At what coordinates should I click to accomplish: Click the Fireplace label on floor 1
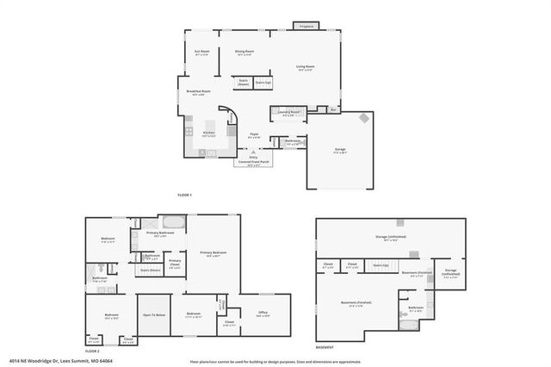[306, 26]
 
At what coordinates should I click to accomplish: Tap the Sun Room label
[202, 53]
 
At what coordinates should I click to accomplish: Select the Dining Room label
[245, 53]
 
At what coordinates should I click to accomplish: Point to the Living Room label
[305, 67]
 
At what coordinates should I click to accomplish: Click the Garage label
[340, 150]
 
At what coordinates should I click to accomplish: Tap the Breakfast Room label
[195, 92]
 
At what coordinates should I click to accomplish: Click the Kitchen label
[208, 134]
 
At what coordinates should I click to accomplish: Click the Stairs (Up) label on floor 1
[263, 83]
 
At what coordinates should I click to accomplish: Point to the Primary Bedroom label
[211, 253]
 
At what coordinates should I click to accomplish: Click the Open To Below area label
[154, 315]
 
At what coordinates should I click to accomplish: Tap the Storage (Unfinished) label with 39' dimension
[390, 236]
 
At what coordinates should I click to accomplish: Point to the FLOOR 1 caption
[184, 195]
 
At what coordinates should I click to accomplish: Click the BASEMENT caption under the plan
[325, 347]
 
